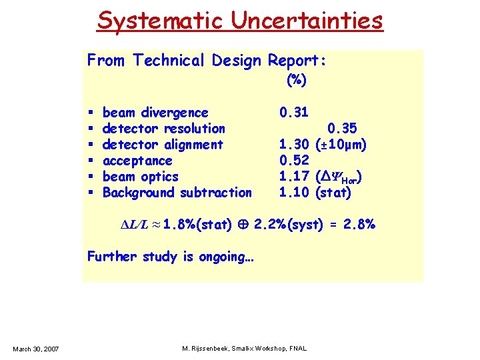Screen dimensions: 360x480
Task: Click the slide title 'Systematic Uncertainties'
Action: [240, 20]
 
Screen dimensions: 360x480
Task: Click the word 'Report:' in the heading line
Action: [297, 61]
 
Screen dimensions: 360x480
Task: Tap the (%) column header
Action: [296, 81]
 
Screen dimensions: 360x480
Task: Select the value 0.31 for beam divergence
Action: [293, 113]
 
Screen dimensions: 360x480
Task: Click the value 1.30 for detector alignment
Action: [293, 145]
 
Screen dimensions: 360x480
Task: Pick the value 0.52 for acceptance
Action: [293, 161]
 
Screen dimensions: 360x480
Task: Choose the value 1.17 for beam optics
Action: [293, 177]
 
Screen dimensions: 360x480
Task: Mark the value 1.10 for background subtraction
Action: [293, 193]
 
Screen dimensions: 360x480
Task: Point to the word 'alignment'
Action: [193, 145]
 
